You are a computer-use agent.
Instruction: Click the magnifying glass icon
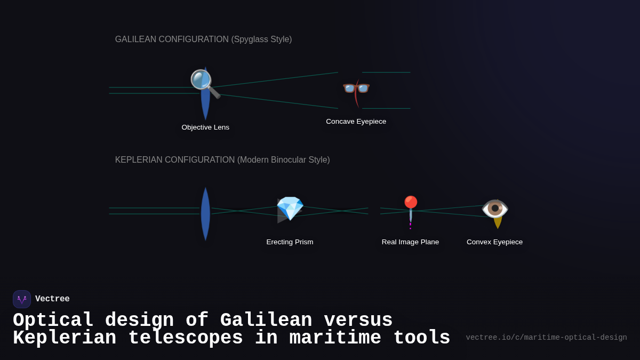pyautogui.click(x=205, y=84)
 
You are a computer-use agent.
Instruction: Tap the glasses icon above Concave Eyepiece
pyautogui.click(x=356, y=87)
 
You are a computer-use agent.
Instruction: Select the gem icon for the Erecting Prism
pyautogui.click(x=290, y=209)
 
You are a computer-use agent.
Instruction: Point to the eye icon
pyautogui.click(x=495, y=209)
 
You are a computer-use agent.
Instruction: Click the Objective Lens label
pyautogui.click(x=205, y=127)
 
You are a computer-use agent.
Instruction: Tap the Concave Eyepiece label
pyautogui.click(x=356, y=122)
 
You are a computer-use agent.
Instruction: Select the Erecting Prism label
pyautogui.click(x=290, y=242)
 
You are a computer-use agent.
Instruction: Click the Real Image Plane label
pyautogui.click(x=410, y=242)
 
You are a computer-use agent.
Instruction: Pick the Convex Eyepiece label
pyautogui.click(x=494, y=242)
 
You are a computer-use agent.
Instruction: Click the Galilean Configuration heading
pyautogui.click(x=203, y=39)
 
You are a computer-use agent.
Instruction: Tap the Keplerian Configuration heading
pyautogui.click(x=222, y=160)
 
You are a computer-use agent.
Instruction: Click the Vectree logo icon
pyautogui.click(x=22, y=299)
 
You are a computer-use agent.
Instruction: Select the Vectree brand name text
pyautogui.click(x=52, y=299)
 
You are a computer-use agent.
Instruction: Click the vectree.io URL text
pyautogui.click(x=546, y=338)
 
